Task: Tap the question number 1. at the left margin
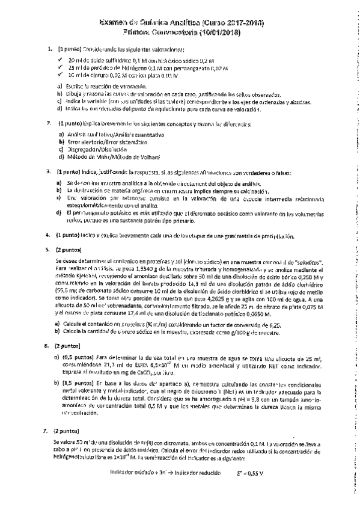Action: (49, 48)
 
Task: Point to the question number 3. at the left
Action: (49, 173)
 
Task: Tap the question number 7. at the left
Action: (49, 431)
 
